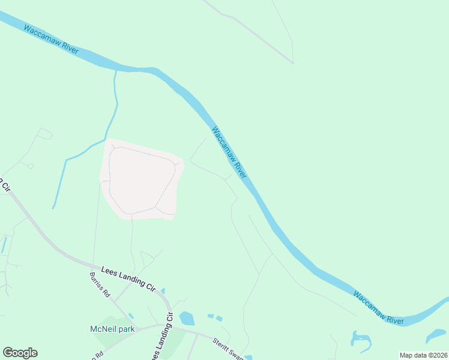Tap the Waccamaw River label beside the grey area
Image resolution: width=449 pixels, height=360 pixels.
(x=229, y=152)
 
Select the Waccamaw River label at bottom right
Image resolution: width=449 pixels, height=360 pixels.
(x=378, y=308)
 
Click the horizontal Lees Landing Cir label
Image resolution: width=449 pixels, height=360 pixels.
(x=128, y=279)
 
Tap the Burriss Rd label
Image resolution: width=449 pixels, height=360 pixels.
(x=100, y=286)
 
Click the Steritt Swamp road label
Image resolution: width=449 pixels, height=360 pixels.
(x=226, y=348)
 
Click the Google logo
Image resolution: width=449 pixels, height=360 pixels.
(x=20, y=353)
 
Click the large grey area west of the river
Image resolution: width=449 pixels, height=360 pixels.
(x=142, y=180)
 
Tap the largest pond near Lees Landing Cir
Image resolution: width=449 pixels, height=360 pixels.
(x=187, y=318)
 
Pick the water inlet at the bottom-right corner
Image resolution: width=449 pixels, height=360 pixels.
(x=436, y=335)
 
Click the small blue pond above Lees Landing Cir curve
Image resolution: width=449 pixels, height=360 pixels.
(x=163, y=291)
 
